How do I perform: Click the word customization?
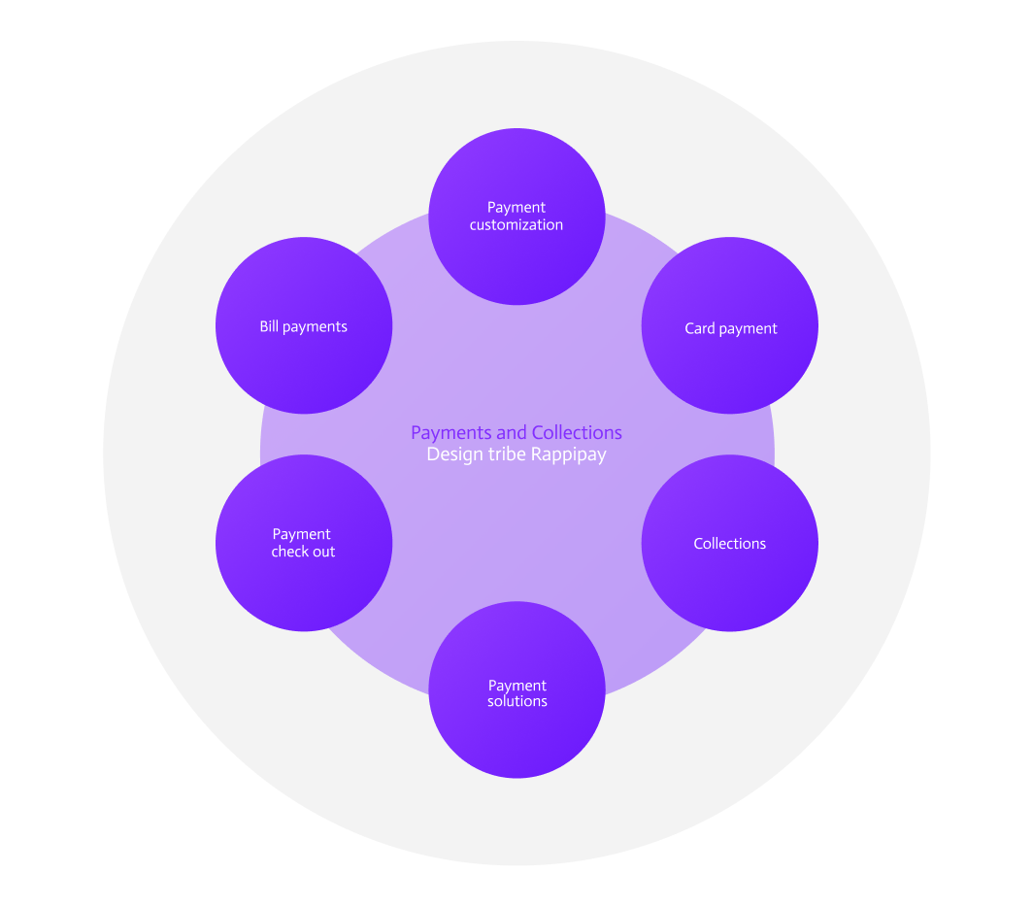(x=516, y=225)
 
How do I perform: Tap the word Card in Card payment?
(x=699, y=328)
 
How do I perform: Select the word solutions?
(x=517, y=701)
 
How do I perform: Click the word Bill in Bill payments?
(x=269, y=327)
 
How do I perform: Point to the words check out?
(x=303, y=552)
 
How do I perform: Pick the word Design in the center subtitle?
(x=453, y=454)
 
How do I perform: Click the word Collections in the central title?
(x=577, y=433)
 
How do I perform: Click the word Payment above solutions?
(x=517, y=686)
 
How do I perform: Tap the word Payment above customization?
(x=516, y=207)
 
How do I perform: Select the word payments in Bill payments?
(x=315, y=327)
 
